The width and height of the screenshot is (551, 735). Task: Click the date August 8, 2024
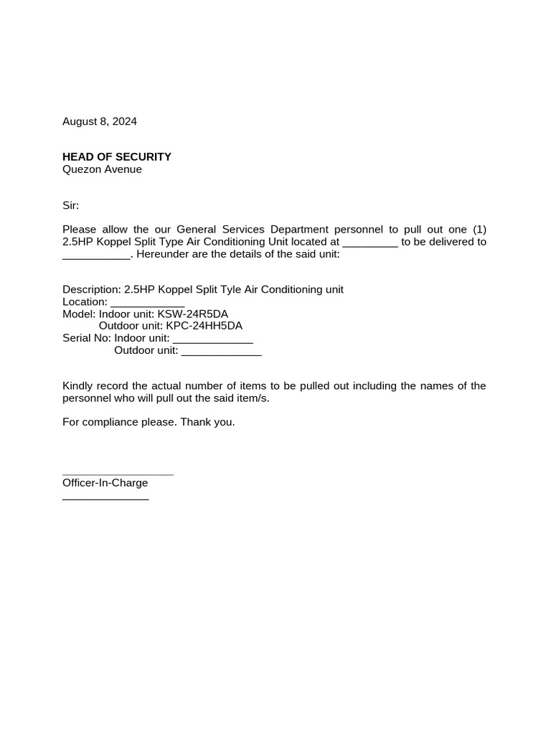(x=100, y=121)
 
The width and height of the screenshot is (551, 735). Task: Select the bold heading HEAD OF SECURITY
(x=117, y=156)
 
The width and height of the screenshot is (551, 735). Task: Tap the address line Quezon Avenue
(x=102, y=169)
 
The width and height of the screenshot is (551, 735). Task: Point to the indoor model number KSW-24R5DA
(x=198, y=314)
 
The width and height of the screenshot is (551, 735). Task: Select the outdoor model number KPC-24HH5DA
(x=204, y=326)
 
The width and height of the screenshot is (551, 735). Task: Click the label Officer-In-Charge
(x=105, y=483)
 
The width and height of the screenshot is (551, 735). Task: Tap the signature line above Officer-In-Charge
(x=118, y=474)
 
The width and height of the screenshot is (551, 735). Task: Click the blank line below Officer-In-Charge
(x=105, y=498)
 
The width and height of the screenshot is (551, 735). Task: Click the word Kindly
(x=79, y=386)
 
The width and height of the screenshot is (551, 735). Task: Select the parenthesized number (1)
(x=479, y=230)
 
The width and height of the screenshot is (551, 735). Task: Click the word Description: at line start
(x=92, y=289)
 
